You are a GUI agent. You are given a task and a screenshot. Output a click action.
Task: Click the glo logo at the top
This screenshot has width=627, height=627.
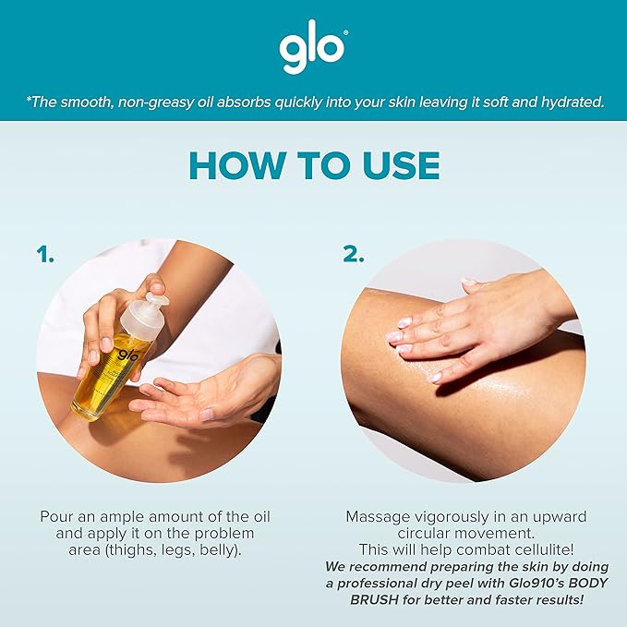point(312,52)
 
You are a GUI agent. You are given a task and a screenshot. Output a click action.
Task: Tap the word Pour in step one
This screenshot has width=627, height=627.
point(57,515)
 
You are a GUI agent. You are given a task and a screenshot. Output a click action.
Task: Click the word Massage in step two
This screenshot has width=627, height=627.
point(380,515)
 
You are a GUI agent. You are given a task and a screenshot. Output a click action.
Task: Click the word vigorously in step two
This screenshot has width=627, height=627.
point(455,515)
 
